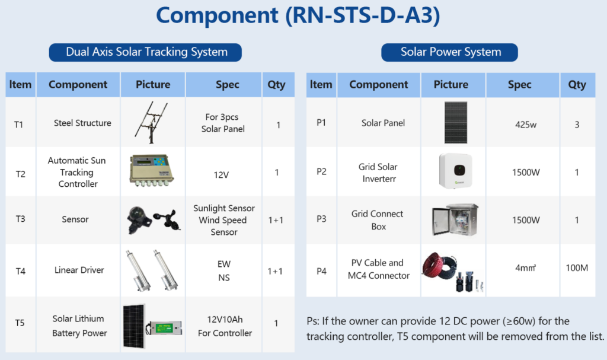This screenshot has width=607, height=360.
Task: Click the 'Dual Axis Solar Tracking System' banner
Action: click(145, 52)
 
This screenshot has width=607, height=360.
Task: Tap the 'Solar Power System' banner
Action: click(449, 52)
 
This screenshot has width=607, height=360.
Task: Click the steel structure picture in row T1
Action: click(152, 122)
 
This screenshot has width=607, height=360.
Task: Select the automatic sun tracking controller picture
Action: click(151, 170)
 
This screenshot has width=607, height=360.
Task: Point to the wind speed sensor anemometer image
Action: click(167, 219)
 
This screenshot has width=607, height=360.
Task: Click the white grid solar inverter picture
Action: click(456, 170)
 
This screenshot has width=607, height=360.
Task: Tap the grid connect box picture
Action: click(455, 219)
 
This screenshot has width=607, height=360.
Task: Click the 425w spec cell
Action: click(525, 125)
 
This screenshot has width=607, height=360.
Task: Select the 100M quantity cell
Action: click(577, 267)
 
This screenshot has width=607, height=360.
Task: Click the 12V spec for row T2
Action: click(221, 175)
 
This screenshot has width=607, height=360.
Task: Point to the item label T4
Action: click(21, 271)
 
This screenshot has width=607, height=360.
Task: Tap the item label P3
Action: click(321, 219)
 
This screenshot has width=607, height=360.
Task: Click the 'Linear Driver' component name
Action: click(79, 270)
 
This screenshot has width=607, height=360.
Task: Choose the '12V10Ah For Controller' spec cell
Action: click(225, 326)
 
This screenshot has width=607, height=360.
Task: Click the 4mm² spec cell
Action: click(525, 267)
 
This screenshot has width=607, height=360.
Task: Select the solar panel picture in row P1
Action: click(456, 122)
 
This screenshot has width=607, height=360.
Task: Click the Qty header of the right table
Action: click(577, 84)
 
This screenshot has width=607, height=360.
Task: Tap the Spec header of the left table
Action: click(227, 84)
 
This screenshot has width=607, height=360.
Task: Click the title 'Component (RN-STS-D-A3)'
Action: click(298, 15)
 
